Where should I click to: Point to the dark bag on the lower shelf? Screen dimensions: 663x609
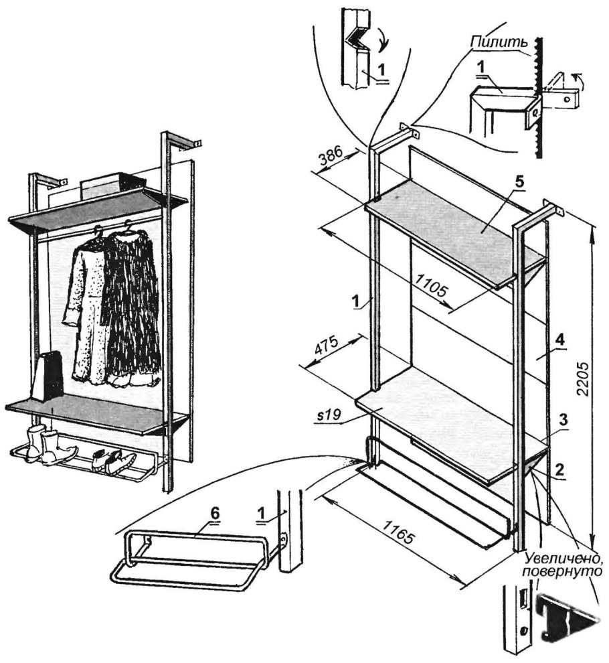click(51, 375)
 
